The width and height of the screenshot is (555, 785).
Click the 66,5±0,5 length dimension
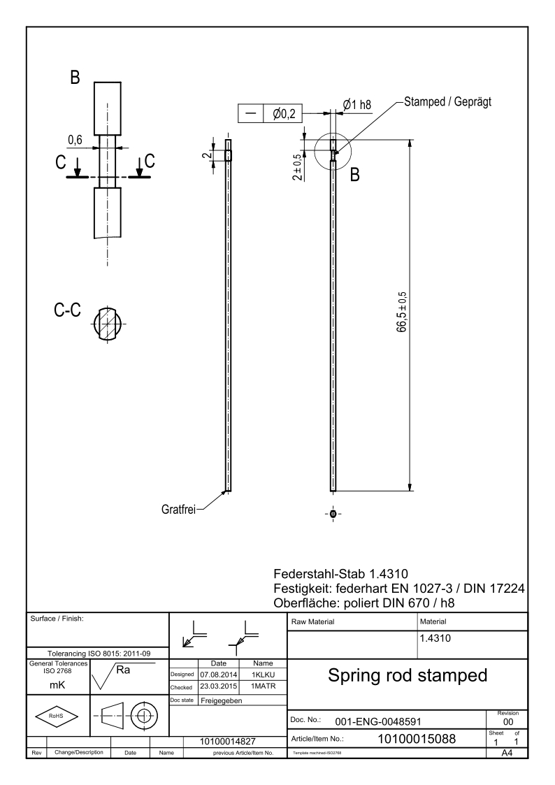pyautogui.click(x=403, y=315)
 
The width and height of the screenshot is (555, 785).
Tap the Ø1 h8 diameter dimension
pyautogui.click(x=356, y=105)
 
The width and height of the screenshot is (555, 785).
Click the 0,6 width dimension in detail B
pyautogui.click(x=75, y=140)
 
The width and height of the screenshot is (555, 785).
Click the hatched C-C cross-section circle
pyautogui.click(x=108, y=324)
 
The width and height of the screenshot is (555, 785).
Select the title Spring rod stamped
pyautogui.click(x=406, y=676)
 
